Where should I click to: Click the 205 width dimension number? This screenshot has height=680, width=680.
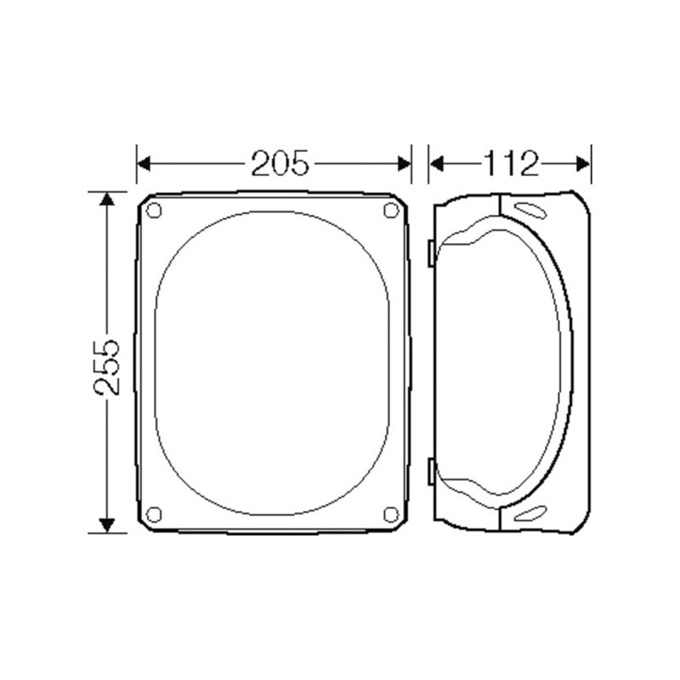(x=275, y=162)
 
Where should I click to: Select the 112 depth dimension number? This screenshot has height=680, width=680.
(x=511, y=162)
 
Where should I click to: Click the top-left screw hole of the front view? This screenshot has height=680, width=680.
(x=154, y=211)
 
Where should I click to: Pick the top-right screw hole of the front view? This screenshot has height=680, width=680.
(x=392, y=211)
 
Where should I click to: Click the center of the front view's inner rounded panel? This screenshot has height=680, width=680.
(x=272, y=363)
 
